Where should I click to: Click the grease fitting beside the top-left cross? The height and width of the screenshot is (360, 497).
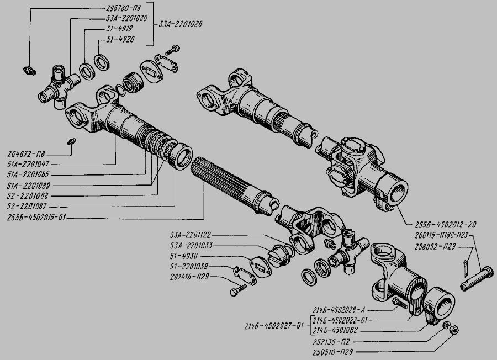pyautogui.click(x=29, y=70)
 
